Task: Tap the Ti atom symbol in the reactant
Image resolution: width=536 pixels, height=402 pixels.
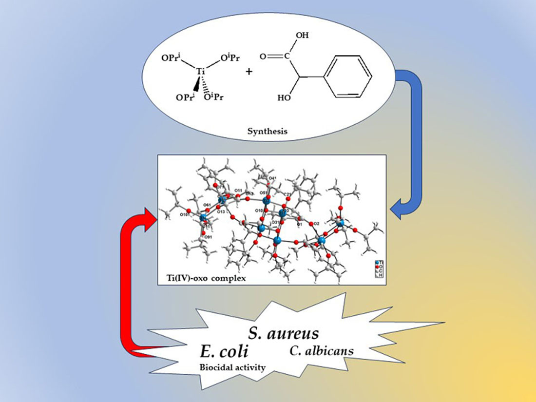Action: coord(201,72)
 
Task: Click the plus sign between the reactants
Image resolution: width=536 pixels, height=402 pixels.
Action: coord(249,72)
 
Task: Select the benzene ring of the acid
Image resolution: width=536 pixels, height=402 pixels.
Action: coord(348,76)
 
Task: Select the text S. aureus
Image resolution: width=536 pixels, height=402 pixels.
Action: coord(283,333)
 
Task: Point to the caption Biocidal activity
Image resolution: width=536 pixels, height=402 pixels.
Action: coord(233,367)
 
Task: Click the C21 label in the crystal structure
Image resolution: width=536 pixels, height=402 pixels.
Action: coord(286,194)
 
